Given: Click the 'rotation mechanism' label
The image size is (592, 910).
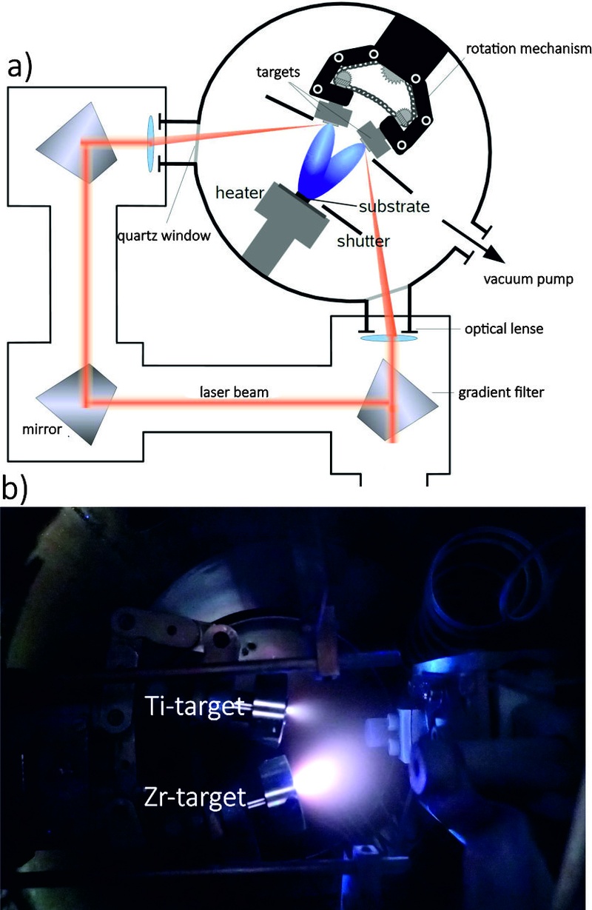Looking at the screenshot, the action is [x=528, y=49].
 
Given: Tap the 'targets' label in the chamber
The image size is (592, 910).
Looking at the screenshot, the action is [x=277, y=72].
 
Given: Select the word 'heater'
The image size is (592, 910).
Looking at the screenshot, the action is [x=240, y=193].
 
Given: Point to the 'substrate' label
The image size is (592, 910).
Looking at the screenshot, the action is [x=394, y=207].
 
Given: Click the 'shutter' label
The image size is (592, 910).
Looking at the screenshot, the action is [x=363, y=241].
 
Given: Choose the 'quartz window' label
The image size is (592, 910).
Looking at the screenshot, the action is [x=164, y=235].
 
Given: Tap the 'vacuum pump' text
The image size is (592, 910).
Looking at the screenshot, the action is [x=528, y=279].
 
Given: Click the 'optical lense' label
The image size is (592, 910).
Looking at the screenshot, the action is [x=504, y=328].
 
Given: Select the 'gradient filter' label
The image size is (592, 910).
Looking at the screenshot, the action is [x=501, y=392].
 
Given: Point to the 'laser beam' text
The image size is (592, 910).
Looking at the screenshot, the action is [x=234, y=392].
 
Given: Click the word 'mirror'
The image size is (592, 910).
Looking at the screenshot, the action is [x=42, y=429].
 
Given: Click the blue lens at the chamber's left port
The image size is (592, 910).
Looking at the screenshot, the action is [x=151, y=144].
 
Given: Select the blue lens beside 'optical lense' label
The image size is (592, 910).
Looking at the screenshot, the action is [x=388, y=338].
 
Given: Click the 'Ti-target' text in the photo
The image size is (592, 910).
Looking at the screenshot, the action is [x=195, y=706].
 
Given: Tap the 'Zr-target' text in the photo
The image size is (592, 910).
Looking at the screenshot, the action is [x=195, y=797].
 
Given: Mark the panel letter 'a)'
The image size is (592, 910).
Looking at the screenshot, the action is [x=19, y=67].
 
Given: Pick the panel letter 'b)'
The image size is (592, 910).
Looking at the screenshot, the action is [x=15, y=489].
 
